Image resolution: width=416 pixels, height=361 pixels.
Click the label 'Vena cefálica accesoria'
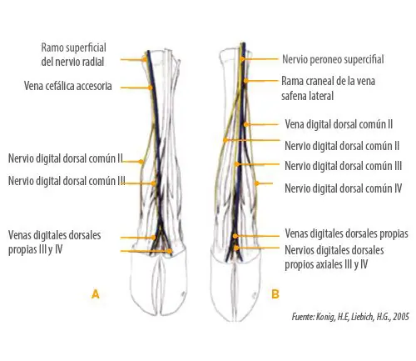[x=68, y=86]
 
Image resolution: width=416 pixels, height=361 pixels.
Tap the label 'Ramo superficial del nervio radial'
[x=73, y=55]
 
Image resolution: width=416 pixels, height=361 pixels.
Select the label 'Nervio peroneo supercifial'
[x=333, y=59]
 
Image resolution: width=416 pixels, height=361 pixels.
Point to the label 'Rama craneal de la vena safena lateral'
[x=328, y=88]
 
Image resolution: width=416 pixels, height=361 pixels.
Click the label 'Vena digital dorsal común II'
[x=339, y=124]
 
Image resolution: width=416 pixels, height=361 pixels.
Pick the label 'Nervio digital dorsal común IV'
[x=344, y=188]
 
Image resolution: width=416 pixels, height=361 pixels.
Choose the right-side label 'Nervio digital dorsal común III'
[x=344, y=166]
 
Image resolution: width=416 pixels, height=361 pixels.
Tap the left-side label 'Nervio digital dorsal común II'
[x=66, y=158]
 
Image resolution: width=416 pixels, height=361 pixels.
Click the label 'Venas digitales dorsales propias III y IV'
[x=54, y=243]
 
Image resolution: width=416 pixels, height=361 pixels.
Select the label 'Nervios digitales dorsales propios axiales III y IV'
[x=334, y=258]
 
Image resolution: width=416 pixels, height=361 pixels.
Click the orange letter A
[x=96, y=294]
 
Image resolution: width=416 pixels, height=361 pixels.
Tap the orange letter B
[x=275, y=294]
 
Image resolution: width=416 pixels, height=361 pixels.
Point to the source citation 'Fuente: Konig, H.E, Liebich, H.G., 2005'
[x=350, y=317]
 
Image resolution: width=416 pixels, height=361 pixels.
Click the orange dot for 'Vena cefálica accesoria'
[x=150, y=88]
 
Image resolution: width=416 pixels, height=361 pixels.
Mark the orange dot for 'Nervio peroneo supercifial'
[x=243, y=59]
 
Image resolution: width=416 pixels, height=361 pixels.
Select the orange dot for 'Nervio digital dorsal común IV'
[x=257, y=183]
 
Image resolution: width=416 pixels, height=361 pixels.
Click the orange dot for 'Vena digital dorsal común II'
[x=245, y=124]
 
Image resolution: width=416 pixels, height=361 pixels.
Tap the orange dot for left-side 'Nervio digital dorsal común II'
[x=141, y=162]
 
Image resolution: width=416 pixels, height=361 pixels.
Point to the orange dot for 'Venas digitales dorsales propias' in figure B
[x=235, y=236]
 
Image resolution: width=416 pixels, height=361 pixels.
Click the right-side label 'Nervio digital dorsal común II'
[x=342, y=146]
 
